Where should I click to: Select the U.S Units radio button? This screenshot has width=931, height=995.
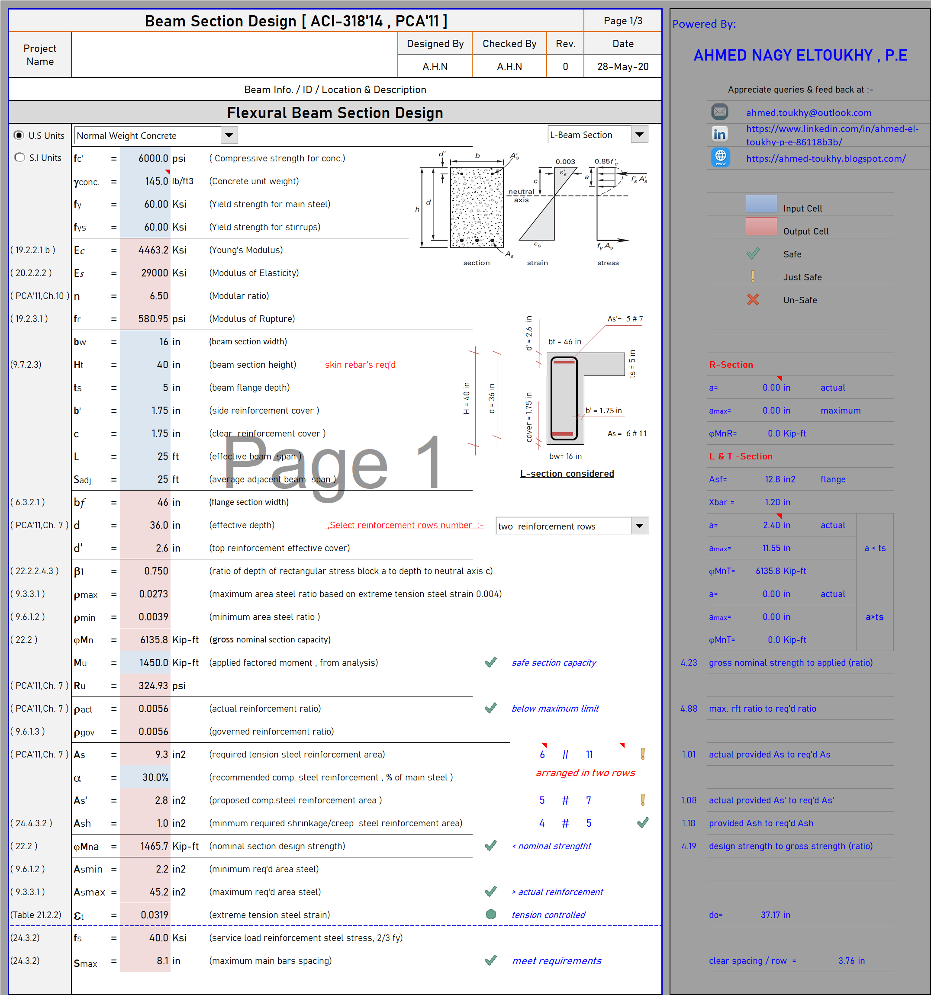pos(19,135)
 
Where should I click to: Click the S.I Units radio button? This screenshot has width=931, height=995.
pos(19,157)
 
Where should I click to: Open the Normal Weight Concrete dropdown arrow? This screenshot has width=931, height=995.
pos(229,135)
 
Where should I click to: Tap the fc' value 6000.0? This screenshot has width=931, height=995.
pos(153,158)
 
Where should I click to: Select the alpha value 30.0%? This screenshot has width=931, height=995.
pos(155,777)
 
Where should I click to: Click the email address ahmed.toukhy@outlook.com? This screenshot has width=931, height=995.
pos(809,112)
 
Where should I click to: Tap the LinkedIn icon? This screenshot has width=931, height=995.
pos(720,134)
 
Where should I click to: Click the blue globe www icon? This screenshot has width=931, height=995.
pos(720,157)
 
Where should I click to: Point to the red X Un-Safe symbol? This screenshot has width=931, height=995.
pos(753,299)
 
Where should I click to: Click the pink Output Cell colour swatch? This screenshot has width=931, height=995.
pos(761,227)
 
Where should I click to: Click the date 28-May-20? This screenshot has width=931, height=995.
pos(622,67)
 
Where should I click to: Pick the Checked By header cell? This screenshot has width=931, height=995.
pos(509,44)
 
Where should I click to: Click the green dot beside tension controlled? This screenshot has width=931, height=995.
pos(491,915)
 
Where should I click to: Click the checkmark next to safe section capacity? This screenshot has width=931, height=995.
pos(491,662)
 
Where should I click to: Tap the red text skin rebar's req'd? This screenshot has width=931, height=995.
pos(360,364)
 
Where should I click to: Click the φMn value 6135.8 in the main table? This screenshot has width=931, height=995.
pos(154,640)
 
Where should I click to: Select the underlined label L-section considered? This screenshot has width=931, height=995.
pos(567,473)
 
